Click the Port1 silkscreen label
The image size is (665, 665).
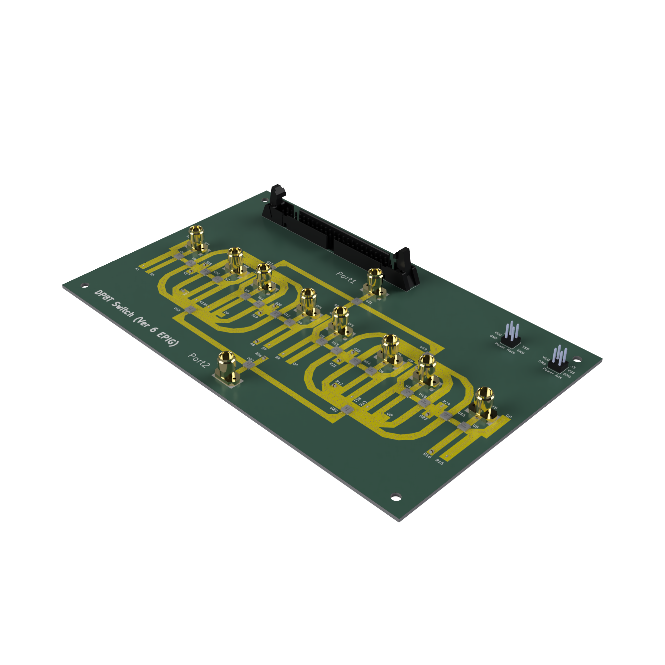tap(345, 277)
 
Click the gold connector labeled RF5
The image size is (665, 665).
tap(340, 320)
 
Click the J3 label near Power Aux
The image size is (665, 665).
tap(573, 367)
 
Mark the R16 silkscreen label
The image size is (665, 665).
tap(427, 456)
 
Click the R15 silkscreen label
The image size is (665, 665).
tap(440, 461)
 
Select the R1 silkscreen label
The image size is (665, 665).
tap(137, 268)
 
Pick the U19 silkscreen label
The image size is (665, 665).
tap(423, 349)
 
